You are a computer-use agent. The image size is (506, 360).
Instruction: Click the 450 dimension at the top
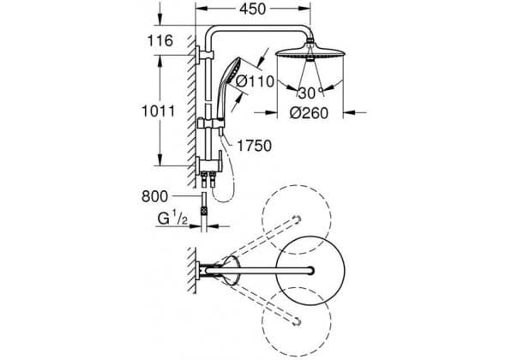pos(253,9)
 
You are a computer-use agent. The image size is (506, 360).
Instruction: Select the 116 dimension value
pos(160,41)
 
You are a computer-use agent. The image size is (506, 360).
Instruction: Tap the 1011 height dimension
pos(159,111)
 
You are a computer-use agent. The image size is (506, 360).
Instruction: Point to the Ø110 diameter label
pos(255,81)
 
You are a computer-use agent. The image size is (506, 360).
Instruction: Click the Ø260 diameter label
pos(309,113)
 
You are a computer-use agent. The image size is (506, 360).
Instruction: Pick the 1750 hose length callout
pos(255,146)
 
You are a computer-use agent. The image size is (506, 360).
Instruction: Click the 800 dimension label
pos(155,196)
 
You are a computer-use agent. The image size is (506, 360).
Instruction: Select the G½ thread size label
pos(172,219)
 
